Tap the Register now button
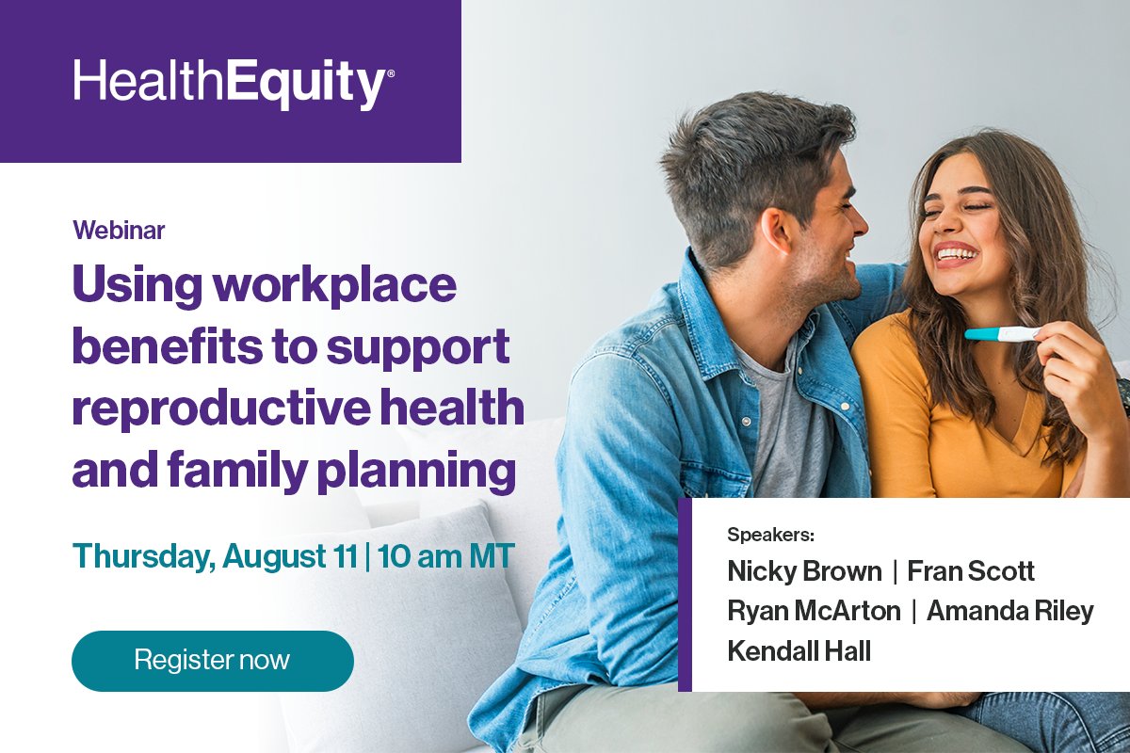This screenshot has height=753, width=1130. click(x=212, y=660)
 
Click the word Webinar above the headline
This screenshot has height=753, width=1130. click(x=119, y=230)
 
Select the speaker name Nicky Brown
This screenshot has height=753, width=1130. click(x=804, y=571)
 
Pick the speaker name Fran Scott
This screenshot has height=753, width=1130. click(x=971, y=571)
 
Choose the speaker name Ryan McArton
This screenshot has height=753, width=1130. click(x=814, y=611)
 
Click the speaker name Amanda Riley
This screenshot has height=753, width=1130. click(x=1009, y=611)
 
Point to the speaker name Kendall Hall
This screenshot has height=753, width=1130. click(x=799, y=650)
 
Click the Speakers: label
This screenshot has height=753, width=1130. click(x=769, y=536)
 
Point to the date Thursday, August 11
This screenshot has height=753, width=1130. click(x=215, y=555)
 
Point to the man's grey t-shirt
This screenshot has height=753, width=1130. click(x=786, y=424)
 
